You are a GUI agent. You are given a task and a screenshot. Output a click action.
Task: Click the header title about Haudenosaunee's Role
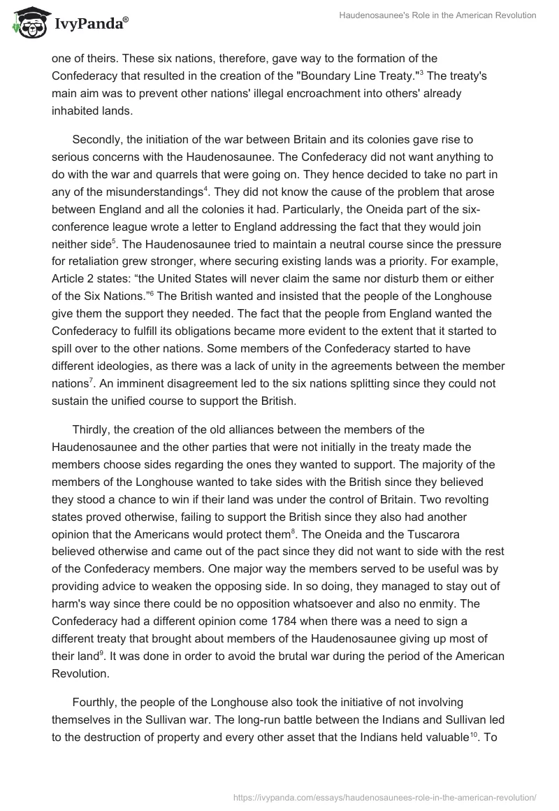coord(437,16)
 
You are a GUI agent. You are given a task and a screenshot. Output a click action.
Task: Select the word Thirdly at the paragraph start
coord(91,429)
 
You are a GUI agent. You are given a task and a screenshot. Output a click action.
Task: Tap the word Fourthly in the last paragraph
coord(96,702)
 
